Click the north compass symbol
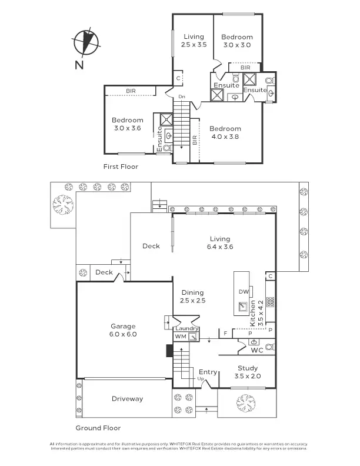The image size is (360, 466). tap(86, 42)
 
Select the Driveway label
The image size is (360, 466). tap(127, 399)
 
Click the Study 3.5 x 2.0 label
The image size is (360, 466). tap(247, 372)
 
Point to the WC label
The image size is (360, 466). tap(256, 351)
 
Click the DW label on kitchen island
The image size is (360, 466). tap(243, 292)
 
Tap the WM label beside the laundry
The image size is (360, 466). tap(179, 337)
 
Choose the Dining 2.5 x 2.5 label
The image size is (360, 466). tap(192, 297)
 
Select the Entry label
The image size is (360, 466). tap(208, 372)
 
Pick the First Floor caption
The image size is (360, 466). tap(121, 167)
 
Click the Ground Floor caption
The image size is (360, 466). tap(98, 428)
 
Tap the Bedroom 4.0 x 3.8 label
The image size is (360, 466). tap(225, 132)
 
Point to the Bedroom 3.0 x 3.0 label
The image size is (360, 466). tap(237, 41)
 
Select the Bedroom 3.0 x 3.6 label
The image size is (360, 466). tap(128, 124)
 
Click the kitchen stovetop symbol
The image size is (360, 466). tap(271, 302)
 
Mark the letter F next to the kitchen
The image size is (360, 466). tap(225, 334)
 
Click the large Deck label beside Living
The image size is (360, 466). tap(151, 246)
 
